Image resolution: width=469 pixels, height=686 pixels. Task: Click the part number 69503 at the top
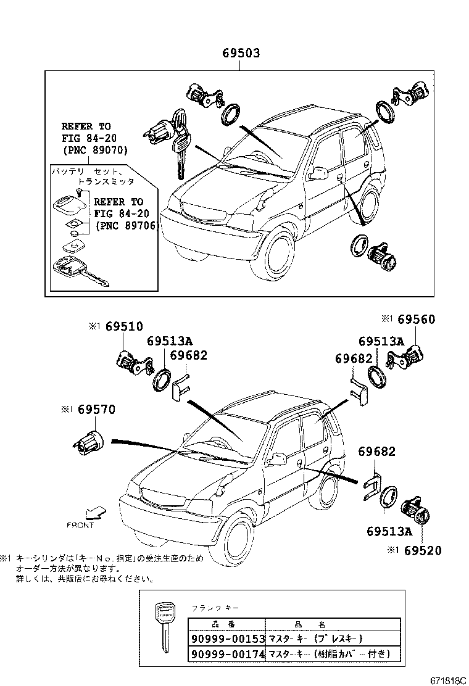[x=241, y=54]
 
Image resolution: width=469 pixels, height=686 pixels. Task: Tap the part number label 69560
[x=416, y=319]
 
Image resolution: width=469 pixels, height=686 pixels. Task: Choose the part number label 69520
[x=423, y=550]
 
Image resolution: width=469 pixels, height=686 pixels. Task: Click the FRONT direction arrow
[x=95, y=512]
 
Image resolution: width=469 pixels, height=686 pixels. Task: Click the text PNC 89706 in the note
[x=127, y=226]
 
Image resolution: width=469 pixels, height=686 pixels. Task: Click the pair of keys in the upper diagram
[x=180, y=145]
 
